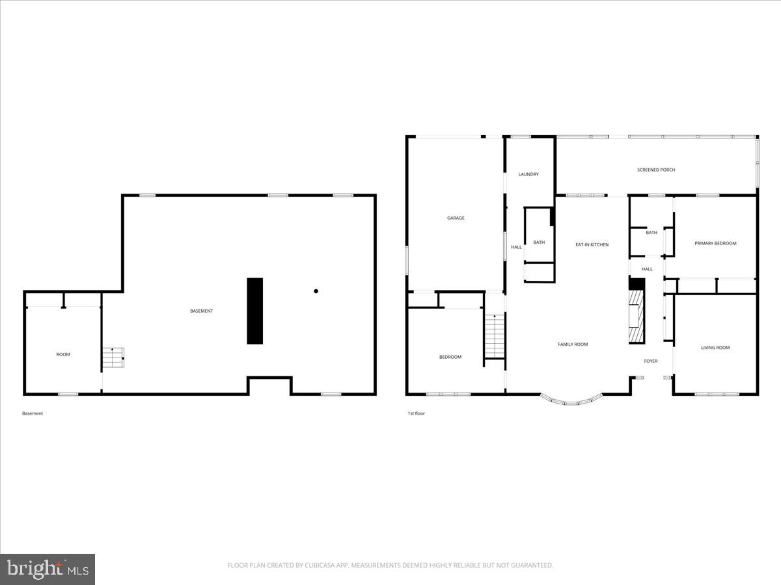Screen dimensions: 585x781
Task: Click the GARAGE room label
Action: click(456, 218)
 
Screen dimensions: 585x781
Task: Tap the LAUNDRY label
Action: click(528, 174)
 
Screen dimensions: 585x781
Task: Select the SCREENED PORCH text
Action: click(655, 170)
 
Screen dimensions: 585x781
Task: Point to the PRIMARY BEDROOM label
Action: click(715, 243)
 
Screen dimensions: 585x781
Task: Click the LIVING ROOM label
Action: click(715, 348)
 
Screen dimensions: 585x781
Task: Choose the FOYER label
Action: click(651, 361)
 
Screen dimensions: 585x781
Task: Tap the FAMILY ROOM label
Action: click(573, 344)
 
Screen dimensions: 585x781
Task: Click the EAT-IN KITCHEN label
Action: click(592, 244)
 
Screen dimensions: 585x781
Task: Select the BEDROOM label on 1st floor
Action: click(450, 357)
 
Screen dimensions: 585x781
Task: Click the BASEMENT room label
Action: click(201, 311)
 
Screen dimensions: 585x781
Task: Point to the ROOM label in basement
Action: click(63, 354)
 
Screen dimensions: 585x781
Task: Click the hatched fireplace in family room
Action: click(635, 317)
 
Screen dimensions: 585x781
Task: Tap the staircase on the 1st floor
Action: click(495, 336)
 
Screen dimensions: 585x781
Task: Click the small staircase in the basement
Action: click(114, 357)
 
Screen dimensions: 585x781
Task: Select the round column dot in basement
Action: click(316, 291)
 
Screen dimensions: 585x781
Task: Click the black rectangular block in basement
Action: click(254, 311)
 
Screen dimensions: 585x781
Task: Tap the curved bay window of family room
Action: click(571, 400)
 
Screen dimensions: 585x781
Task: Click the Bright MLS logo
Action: click(48, 569)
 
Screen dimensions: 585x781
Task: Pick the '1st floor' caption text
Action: click(416, 413)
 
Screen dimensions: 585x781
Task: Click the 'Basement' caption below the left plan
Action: click(33, 413)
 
